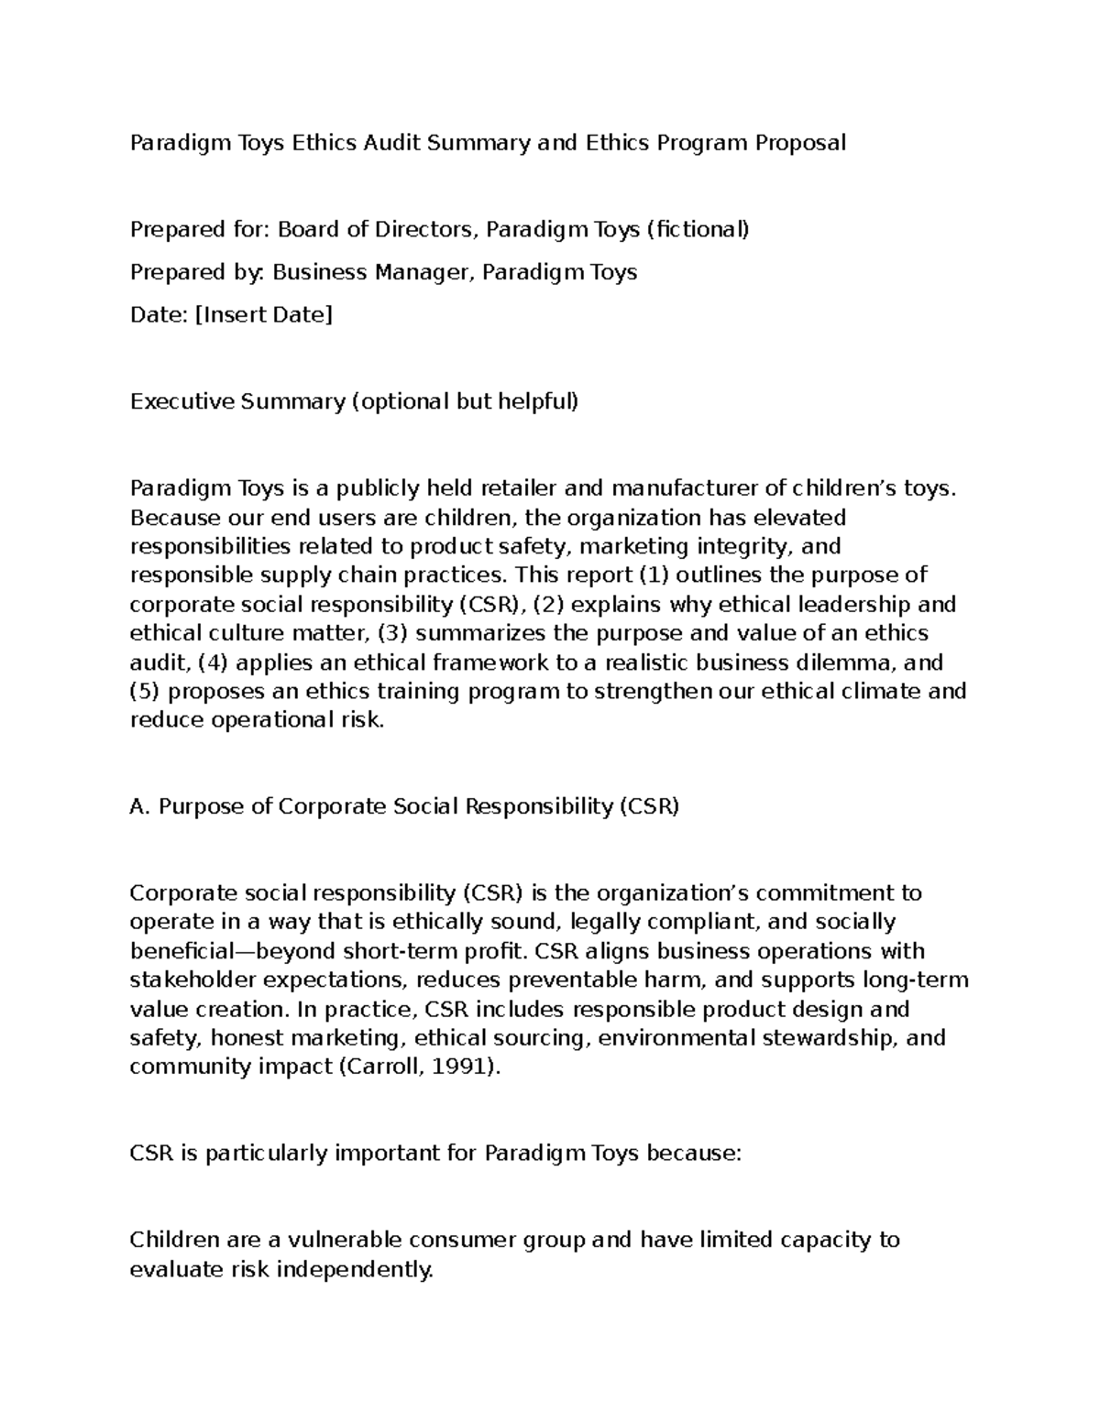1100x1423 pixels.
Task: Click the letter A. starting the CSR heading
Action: (x=140, y=806)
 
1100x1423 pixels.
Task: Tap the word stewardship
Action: (x=842, y=1038)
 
